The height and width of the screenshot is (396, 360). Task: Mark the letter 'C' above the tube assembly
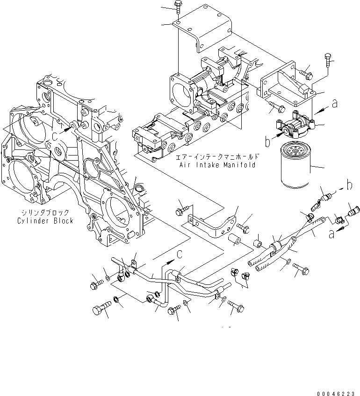click(180, 254)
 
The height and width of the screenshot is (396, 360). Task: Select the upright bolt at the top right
click(328, 61)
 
